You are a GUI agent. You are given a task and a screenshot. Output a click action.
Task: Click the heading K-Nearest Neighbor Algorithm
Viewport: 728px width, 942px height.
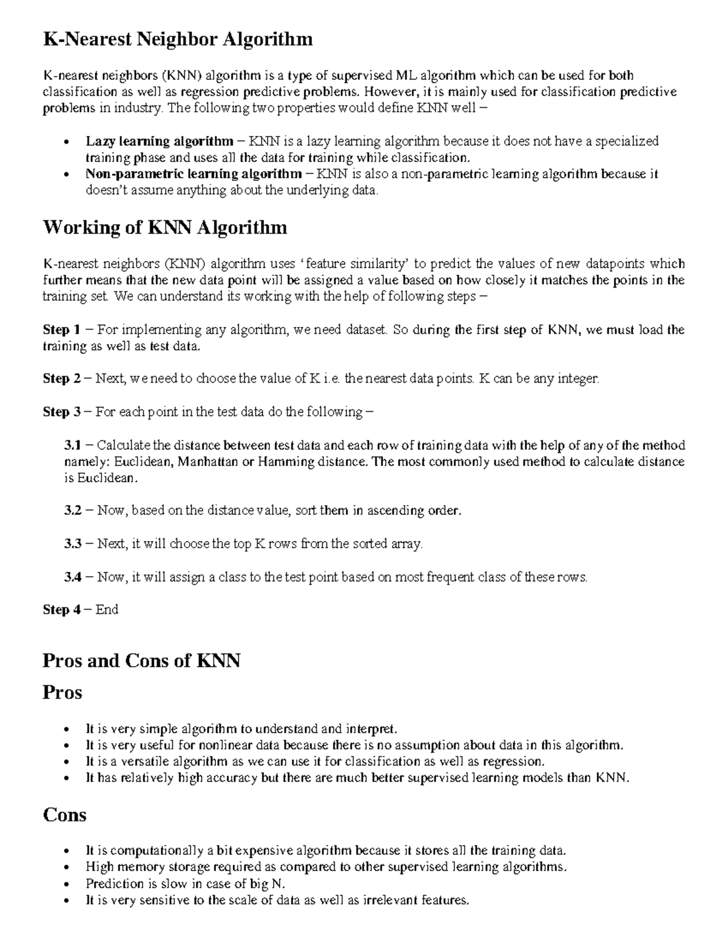pos(177,40)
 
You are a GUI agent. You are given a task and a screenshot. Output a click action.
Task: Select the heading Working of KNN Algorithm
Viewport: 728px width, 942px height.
pos(164,228)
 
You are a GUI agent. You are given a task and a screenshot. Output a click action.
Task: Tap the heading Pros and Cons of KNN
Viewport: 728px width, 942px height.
pos(141,661)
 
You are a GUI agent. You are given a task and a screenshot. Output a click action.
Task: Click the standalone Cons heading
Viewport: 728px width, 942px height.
pos(64,815)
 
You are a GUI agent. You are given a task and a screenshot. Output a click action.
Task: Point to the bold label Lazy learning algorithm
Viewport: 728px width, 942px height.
pos(159,141)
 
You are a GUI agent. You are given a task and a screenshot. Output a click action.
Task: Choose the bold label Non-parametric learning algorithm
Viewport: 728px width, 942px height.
pos(194,174)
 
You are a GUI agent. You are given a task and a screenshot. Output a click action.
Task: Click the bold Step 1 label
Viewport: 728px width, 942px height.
pos(61,330)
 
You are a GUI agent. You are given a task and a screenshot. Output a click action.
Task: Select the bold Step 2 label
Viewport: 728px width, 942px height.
pos(61,379)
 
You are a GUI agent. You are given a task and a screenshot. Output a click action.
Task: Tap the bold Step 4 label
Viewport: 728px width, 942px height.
pos(61,610)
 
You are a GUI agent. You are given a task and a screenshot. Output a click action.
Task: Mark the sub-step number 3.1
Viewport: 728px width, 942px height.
pos(72,445)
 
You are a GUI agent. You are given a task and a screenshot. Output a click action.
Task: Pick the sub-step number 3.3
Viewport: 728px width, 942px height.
pos(72,544)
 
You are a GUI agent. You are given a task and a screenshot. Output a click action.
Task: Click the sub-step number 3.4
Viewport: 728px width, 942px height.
pos(72,577)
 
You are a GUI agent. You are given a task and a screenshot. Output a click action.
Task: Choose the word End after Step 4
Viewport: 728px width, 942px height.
pos(107,610)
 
